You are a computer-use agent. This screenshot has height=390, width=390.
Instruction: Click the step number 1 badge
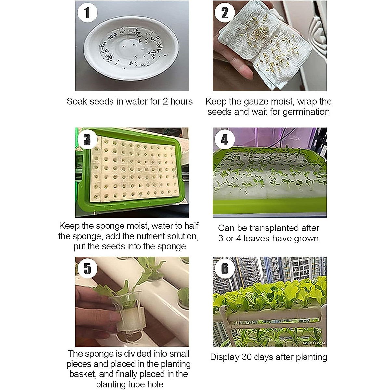point(87,13)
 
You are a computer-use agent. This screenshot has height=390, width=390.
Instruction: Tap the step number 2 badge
point(225,13)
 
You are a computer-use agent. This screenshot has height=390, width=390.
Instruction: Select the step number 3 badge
point(87,139)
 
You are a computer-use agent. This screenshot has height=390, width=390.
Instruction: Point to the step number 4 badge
point(225,139)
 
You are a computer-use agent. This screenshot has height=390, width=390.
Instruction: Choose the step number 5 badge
point(87,268)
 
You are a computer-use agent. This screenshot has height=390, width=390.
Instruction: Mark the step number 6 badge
point(225,268)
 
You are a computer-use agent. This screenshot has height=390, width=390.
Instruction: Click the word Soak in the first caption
point(77,101)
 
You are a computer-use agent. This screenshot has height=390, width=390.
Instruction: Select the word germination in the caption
point(306,112)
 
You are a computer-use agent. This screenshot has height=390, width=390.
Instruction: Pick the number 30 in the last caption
point(247,357)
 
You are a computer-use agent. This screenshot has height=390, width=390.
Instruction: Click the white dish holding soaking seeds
point(131,48)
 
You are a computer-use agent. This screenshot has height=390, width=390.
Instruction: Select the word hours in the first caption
point(181,101)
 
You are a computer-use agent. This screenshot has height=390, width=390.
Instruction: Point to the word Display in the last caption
point(225,357)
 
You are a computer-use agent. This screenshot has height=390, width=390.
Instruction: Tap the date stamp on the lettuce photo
point(314,344)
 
